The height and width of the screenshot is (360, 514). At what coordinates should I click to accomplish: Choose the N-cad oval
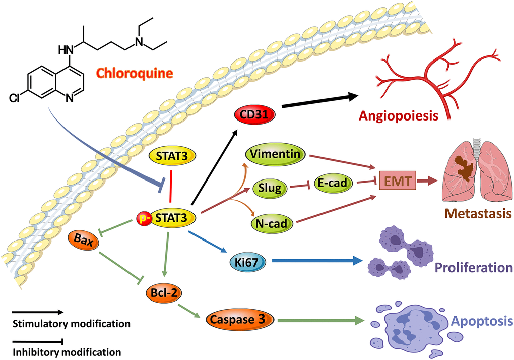[272, 223]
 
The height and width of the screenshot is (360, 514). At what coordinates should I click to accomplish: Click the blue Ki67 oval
[245, 262]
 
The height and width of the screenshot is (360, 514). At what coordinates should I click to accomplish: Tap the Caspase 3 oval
[241, 318]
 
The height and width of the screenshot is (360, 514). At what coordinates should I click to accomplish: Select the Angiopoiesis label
[399, 116]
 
